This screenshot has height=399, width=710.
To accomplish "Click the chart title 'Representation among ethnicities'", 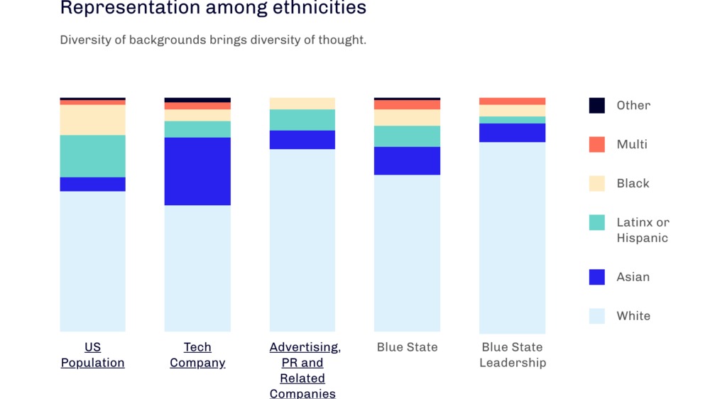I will [x=213, y=9].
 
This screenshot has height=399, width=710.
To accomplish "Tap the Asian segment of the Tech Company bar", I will [x=197, y=171].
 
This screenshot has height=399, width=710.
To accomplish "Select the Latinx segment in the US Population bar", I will [x=92, y=155].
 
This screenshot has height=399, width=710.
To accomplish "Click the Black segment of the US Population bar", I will [x=92, y=119].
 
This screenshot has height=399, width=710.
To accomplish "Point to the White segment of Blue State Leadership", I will [x=512, y=237].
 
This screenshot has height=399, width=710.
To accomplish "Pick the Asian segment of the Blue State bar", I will [x=407, y=160].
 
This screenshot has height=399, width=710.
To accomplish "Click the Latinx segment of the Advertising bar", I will [x=302, y=120].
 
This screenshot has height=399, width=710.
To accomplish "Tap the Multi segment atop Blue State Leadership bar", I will [x=512, y=102].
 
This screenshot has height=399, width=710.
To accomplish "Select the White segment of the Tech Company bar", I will [x=197, y=268].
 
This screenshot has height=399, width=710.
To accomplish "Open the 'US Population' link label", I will [x=92, y=355].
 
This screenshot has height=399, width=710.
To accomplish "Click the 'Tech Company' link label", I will [x=197, y=355].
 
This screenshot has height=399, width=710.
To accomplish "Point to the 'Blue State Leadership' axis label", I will [x=512, y=355].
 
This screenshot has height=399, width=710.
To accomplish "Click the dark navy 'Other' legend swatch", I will [x=597, y=105].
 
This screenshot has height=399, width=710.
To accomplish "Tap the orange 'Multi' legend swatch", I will [x=597, y=144].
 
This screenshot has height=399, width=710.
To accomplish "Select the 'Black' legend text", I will [x=633, y=183].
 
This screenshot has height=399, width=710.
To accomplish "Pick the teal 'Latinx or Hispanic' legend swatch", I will [x=597, y=222].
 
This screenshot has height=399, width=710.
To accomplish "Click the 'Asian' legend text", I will [x=633, y=277].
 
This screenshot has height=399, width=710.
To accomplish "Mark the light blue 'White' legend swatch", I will [x=597, y=316].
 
